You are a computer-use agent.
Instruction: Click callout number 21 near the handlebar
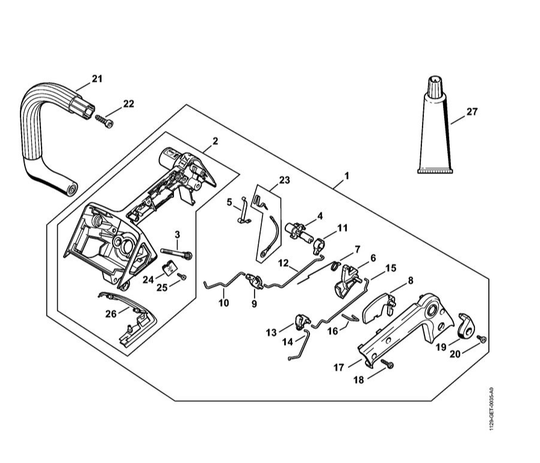click(97, 78)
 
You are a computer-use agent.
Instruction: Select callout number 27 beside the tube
click(471, 111)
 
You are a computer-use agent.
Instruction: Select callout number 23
click(285, 179)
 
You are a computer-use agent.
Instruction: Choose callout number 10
click(224, 303)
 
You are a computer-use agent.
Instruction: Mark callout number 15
click(391, 267)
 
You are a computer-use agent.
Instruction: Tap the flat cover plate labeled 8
click(377, 307)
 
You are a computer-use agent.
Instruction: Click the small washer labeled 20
click(481, 341)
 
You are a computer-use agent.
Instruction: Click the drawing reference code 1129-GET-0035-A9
click(492, 409)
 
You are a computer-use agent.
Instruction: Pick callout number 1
click(346, 176)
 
